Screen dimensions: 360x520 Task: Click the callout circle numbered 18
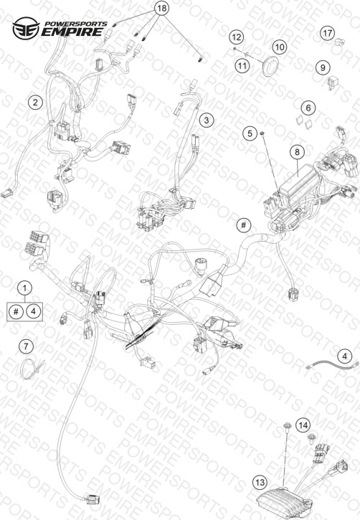(x=161, y=8)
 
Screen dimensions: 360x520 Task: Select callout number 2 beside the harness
(x=35, y=102)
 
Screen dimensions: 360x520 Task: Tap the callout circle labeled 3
(x=207, y=120)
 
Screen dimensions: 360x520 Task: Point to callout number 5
(x=250, y=133)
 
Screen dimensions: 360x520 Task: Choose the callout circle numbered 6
(x=308, y=108)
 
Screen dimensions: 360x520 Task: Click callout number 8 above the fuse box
(x=297, y=152)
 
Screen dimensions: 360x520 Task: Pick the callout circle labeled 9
(x=323, y=67)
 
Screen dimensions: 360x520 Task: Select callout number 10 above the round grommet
(x=280, y=47)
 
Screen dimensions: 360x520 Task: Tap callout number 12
(x=237, y=37)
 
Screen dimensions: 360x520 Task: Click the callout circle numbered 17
(x=327, y=33)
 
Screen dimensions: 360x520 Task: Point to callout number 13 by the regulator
(x=260, y=482)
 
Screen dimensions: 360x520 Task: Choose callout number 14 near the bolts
(x=303, y=425)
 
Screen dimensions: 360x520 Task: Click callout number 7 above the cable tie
(x=26, y=346)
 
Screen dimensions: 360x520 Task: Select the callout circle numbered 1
(x=24, y=288)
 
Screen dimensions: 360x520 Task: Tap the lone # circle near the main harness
(x=244, y=225)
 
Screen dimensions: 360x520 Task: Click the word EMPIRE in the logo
(x=72, y=32)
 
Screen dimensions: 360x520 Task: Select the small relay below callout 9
(x=333, y=83)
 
